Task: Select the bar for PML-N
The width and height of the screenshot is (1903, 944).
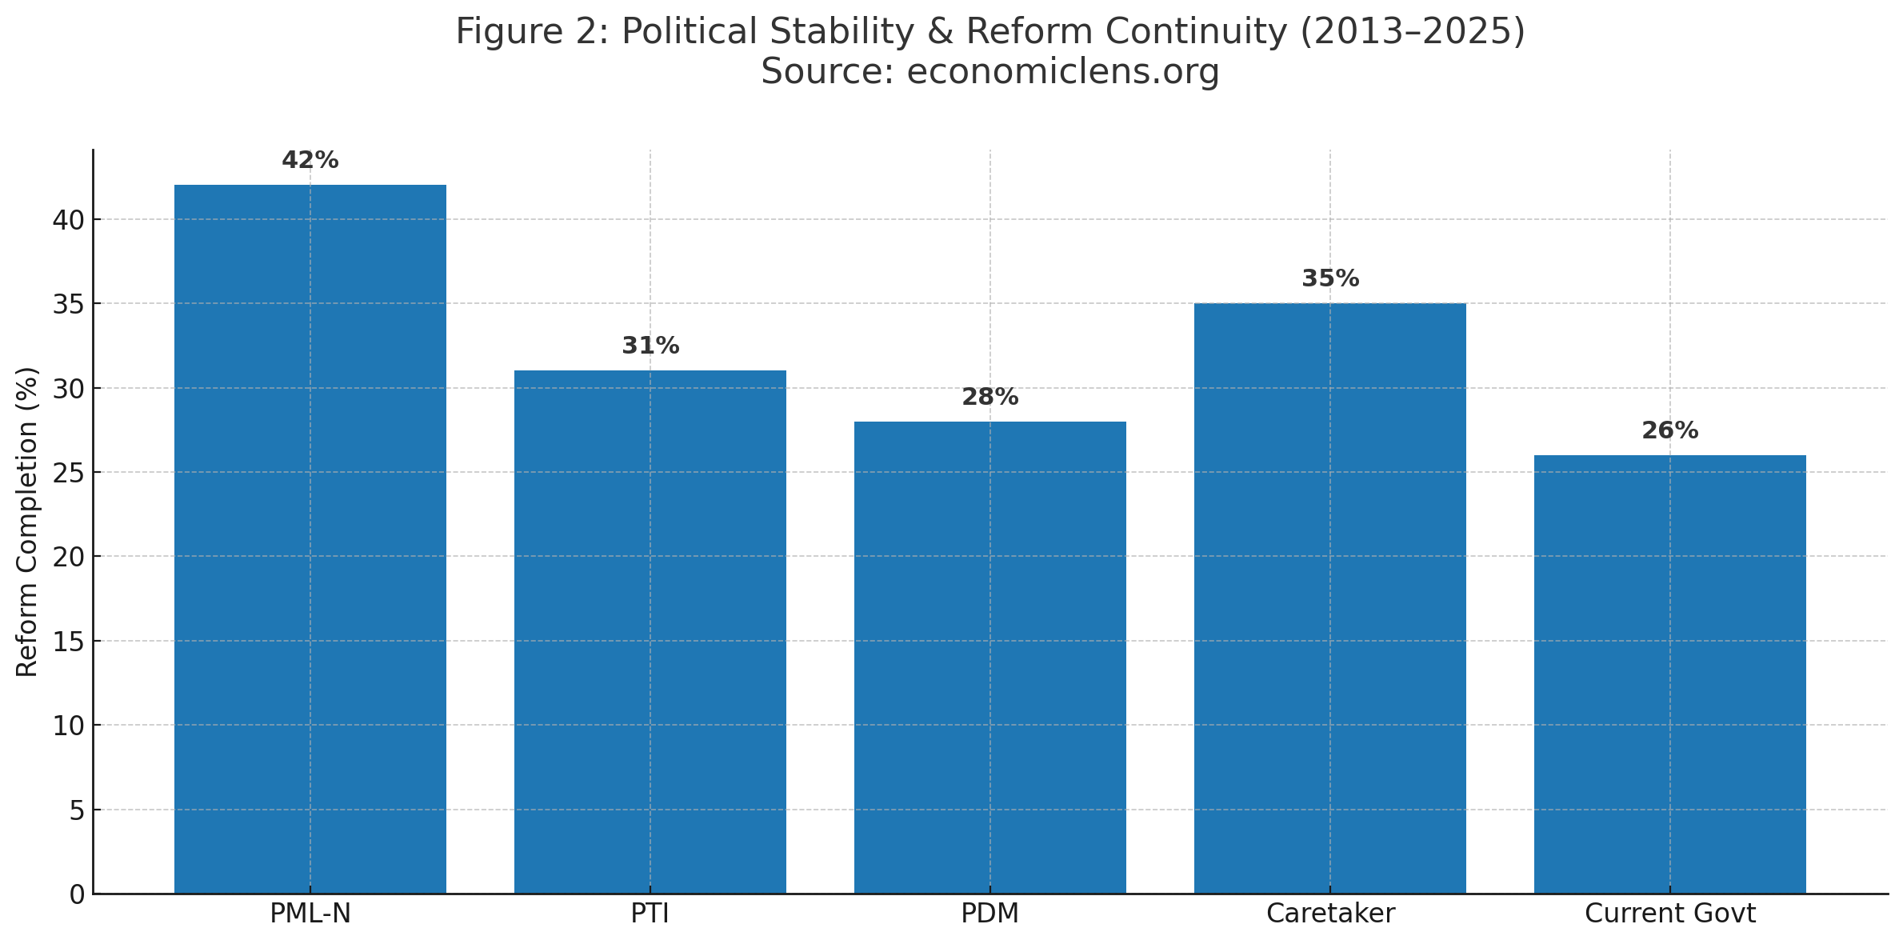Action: click(x=310, y=539)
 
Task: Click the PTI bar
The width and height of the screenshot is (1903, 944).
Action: click(x=650, y=632)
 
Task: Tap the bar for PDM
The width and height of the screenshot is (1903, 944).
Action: click(x=989, y=658)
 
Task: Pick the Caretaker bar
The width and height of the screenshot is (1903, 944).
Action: click(x=1329, y=598)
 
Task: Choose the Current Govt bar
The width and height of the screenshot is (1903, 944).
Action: click(x=1669, y=674)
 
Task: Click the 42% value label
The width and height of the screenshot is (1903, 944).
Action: click(x=310, y=161)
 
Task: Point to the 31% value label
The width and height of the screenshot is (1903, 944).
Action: click(x=650, y=346)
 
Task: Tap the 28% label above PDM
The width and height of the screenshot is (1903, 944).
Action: click(x=989, y=398)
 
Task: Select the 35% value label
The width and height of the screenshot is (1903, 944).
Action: click(x=1329, y=279)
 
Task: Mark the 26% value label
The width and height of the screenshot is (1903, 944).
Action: click(x=1669, y=431)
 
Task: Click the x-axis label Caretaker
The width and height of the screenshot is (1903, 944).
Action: click(x=1329, y=914)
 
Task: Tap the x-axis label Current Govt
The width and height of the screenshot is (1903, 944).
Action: click(x=1669, y=914)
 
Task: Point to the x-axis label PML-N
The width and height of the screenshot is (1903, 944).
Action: click(x=310, y=914)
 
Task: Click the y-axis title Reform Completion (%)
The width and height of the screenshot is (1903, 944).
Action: click(x=27, y=522)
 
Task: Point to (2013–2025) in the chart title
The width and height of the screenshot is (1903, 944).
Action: click(x=1412, y=32)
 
